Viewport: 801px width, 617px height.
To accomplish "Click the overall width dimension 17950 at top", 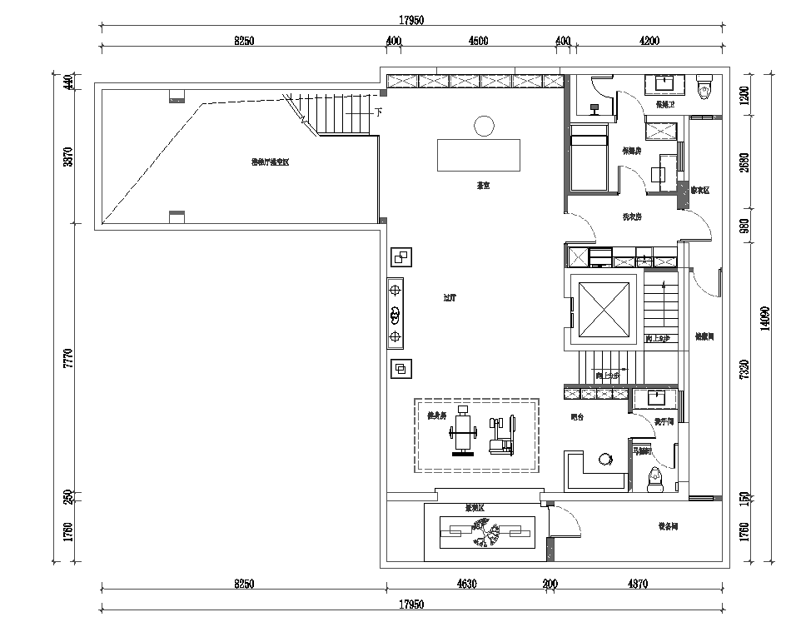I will point(411,21).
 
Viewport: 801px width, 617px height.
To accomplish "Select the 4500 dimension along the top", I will point(478,41).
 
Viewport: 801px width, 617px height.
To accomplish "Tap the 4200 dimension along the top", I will point(649,41).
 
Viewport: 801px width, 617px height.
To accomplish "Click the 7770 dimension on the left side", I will point(69,360).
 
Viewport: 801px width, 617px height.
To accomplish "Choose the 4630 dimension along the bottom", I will point(466,585).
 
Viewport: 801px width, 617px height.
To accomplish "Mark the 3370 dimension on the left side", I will point(69,157).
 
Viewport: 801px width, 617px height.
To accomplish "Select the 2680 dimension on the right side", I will point(746,162).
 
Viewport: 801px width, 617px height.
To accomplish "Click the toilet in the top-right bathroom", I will point(704,85).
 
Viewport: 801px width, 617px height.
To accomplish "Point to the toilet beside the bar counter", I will point(654,477).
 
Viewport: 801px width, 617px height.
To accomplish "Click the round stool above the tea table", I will point(483,126).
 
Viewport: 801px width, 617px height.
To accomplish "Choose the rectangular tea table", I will point(479,155).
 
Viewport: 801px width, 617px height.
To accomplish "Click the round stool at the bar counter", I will point(604,458).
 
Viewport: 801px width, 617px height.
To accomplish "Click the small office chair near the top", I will point(594,107).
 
